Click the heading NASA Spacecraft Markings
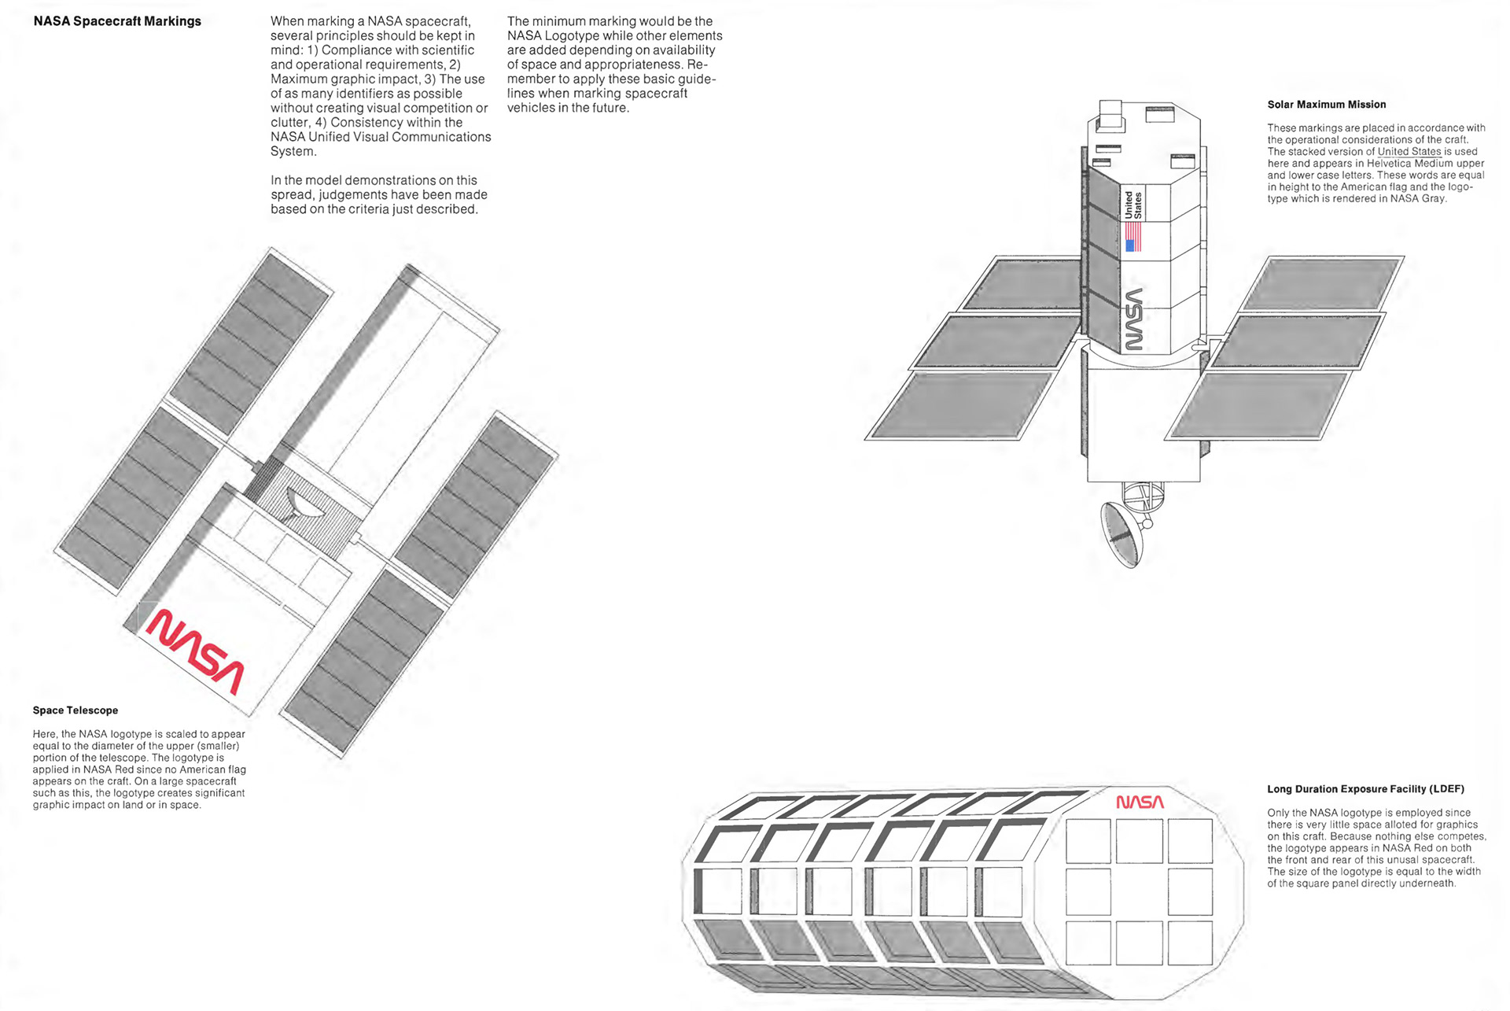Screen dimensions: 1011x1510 tap(117, 21)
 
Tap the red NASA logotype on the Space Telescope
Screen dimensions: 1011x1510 tap(196, 651)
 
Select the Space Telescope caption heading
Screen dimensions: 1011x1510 tap(75, 710)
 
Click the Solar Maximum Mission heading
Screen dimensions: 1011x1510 tap(1326, 105)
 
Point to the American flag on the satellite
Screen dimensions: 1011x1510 tap(1133, 236)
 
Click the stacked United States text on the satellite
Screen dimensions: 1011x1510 tap(1133, 205)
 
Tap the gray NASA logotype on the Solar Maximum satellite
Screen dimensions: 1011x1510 tap(1133, 319)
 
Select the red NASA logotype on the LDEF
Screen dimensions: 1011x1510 tap(1140, 802)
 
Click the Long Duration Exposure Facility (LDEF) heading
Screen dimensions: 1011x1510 tap(1365, 789)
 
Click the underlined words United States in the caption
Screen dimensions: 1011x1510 tap(1409, 152)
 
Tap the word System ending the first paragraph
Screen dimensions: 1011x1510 tap(293, 151)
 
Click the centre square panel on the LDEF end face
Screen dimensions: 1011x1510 tap(1140, 891)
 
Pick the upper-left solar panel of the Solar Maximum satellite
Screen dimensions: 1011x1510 tap(1022, 283)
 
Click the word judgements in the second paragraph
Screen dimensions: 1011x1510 tap(353, 195)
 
